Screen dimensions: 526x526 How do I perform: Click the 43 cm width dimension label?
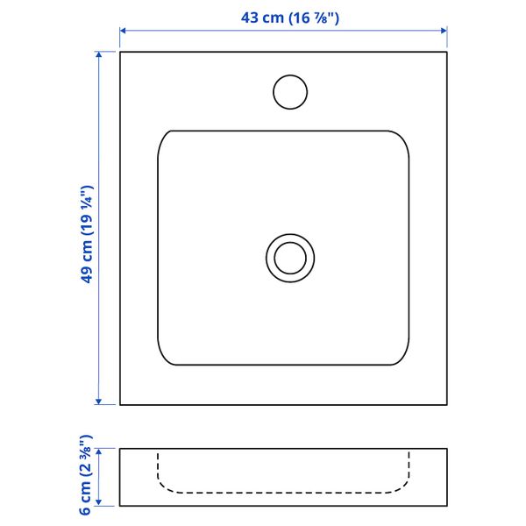pyautogui.click(x=290, y=18)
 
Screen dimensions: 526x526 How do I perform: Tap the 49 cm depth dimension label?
pyautogui.click(x=86, y=234)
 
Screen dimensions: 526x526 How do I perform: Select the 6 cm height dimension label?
pyautogui.click(x=85, y=475)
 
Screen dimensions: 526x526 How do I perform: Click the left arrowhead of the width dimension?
pyautogui.click(x=123, y=31)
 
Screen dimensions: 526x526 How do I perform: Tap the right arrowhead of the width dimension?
pyautogui.click(x=444, y=31)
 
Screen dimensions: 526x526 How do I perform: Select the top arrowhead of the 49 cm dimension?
pyautogui.click(x=98, y=55)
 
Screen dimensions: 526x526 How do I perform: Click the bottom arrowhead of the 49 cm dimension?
pyautogui.click(x=98, y=402)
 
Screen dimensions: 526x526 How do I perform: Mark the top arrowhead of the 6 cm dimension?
pyautogui.click(x=98, y=451)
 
